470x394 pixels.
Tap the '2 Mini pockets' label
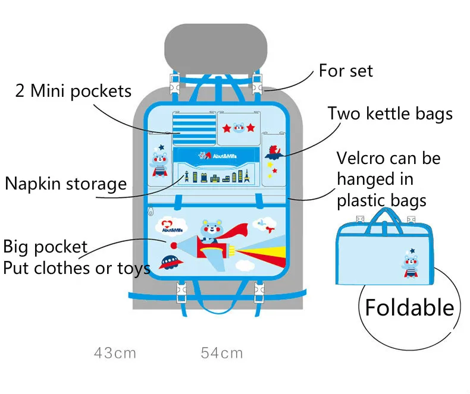[73, 91]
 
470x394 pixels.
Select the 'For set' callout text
[346, 71]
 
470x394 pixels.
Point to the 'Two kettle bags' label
[390, 114]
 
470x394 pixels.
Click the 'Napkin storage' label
[66, 184]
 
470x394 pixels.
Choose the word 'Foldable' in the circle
[409, 307]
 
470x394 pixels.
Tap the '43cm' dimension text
[115, 353]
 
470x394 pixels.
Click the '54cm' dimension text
[222, 353]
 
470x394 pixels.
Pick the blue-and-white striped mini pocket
[194, 129]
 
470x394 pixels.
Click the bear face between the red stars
[239, 128]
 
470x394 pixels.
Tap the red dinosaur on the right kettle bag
[274, 152]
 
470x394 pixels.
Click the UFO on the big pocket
[171, 262]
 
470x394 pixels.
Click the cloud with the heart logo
[172, 226]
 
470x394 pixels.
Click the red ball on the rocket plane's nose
[174, 245]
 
